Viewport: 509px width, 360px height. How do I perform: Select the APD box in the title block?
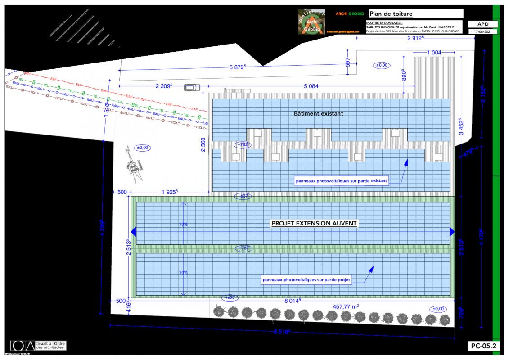click(x=483, y=24)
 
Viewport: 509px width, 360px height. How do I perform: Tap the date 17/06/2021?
click(x=483, y=32)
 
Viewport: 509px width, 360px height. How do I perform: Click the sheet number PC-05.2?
click(x=483, y=346)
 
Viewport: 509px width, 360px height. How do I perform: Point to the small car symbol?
click(x=191, y=87)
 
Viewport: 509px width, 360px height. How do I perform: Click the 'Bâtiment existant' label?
click(x=318, y=114)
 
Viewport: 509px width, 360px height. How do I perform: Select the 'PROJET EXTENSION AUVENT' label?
click(x=314, y=223)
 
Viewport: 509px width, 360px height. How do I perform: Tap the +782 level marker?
click(x=243, y=144)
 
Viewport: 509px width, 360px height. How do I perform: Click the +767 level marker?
click(x=243, y=248)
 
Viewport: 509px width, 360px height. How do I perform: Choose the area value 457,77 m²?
click(x=345, y=307)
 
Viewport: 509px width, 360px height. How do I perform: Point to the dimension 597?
click(x=347, y=63)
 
